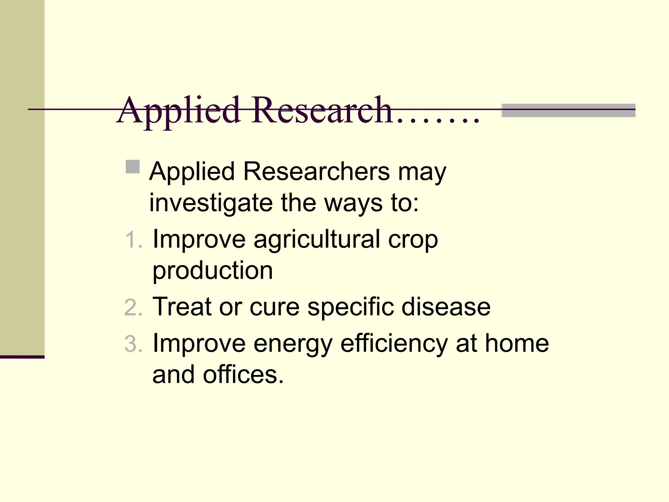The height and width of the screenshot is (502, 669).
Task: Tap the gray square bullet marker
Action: tap(133, 167)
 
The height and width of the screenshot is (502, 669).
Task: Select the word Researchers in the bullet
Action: tap(317, 171)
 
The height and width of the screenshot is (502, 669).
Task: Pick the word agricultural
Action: tap(317, 240)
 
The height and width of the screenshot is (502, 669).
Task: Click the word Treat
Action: tap(182, 307)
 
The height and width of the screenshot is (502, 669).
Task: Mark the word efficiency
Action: tap(394, 344)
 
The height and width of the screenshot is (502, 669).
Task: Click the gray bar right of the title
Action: tap(568, 110)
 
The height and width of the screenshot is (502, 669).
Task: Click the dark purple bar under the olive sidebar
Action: tap(22, 357)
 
